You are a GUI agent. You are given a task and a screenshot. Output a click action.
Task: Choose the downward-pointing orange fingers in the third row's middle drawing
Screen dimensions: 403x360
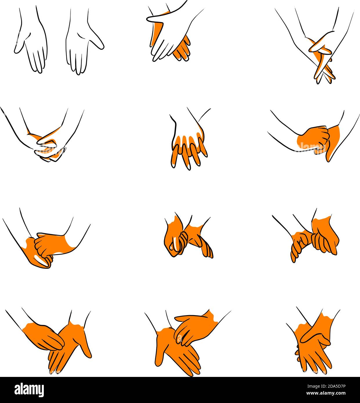tap(205, 246)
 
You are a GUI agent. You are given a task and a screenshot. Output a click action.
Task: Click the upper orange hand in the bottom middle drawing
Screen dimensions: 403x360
tap(194, 325)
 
